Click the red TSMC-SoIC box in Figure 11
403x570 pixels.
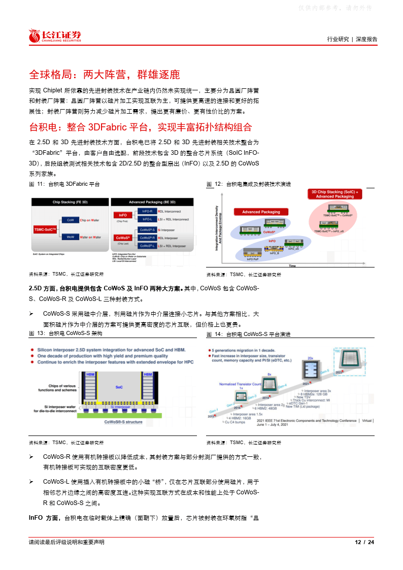(47, 229)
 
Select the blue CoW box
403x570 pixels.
(70, 220)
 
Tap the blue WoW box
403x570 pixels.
(70, 237)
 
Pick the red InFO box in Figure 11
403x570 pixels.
(122, 215)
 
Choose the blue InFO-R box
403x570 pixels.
(147, 211)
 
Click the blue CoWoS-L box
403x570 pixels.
(147, 246)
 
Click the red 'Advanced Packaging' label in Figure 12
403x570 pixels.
(261, 212)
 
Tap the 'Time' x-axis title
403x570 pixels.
(292, 265)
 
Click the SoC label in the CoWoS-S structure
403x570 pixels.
(119, 387)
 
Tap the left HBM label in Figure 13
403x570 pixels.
(90, 375)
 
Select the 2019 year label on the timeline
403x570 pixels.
(265, 398)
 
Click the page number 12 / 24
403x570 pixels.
(364, 542)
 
